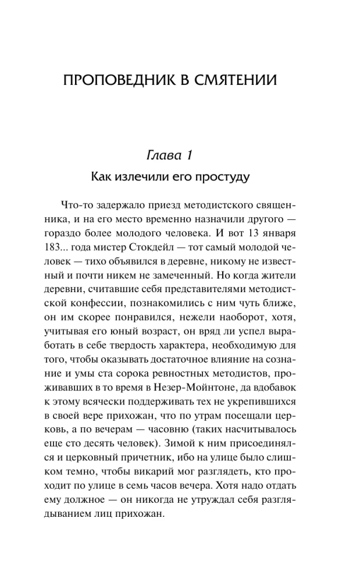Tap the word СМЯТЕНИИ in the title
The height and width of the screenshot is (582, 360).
click(237, 80)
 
